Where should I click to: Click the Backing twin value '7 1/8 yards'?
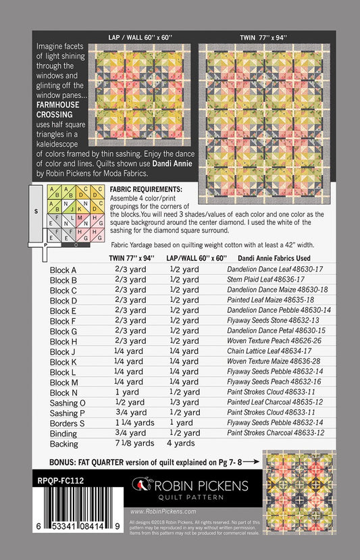click(x=134, y=443)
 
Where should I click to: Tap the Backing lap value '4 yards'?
click(x=181, y=443)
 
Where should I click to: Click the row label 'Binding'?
click(x=64, y=433)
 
